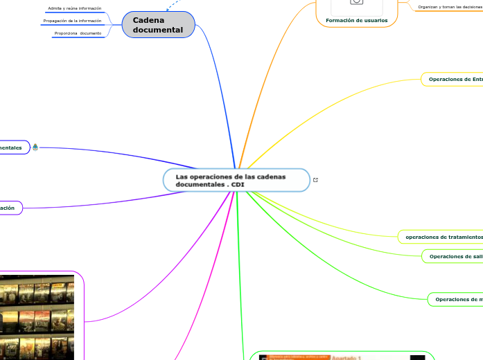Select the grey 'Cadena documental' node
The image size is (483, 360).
tap(158, 25)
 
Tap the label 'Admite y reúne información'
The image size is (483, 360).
tap(74, 8)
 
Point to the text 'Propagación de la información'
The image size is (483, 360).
tap(72, 21)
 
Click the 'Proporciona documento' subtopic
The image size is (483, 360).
tap(78, 33)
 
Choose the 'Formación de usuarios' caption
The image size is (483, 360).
tap(356, 20)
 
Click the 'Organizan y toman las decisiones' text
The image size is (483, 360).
tap(450, 7)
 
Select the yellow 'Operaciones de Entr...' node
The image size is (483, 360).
tap(455, 80)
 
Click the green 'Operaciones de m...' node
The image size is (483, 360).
tap(457, 299)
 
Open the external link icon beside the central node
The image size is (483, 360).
tap(316, 180)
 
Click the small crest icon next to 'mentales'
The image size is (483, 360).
tap(35, 147)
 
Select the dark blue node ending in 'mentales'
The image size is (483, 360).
tap(12, 147)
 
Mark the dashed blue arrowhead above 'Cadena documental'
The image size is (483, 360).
tap(169, 9)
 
